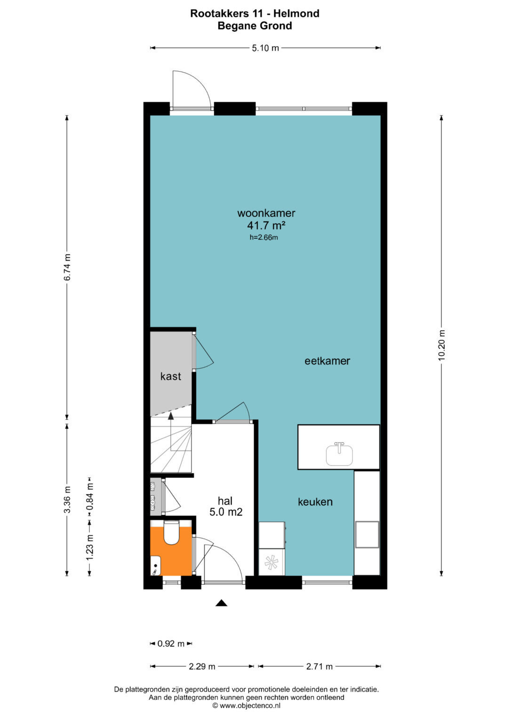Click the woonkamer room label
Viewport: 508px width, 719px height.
[x=266, y=213]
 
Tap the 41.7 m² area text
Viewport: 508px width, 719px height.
[x=266, y=226]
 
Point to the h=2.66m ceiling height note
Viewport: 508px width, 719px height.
[x=263, y=237]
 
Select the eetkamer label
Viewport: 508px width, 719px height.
[x=327, y=361]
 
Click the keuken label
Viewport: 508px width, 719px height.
[x=315, y=501]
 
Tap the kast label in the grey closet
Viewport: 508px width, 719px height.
[x=171, y=376]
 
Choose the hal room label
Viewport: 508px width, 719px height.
[x=225, y=501]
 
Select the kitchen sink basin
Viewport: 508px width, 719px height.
[x=339, y=454]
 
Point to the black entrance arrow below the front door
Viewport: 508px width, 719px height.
[x=221, y=603]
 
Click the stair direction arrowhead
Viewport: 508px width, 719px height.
[x=171, y=416]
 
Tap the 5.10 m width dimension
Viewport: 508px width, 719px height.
[x=265, y=48]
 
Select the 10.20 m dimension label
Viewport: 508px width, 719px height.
[x=442, y=346]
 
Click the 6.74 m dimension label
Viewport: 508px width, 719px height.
[x=67, y=267]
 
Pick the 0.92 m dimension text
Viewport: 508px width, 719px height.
[x=171, y=650]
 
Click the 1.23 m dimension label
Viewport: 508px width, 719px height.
[x=89, y=548]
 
